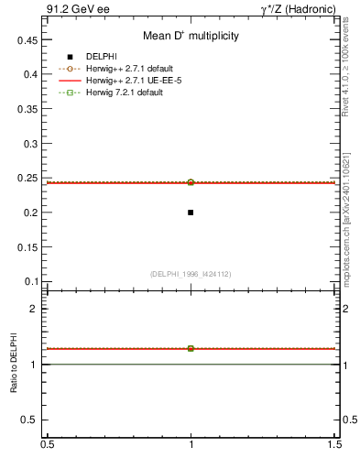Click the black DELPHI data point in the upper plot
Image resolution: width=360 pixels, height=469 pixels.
pos(191,213)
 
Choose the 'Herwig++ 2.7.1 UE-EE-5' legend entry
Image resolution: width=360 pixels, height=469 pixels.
pos(130,81)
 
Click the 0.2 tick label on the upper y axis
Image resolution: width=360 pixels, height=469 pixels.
pos(30,213)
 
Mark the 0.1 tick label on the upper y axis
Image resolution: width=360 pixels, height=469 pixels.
pos(30,281)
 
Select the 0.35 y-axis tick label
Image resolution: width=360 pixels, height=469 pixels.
pos(27,109)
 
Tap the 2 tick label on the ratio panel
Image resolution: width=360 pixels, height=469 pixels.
pos(34,309)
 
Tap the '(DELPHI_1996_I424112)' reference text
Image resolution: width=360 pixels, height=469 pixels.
pos(191,274)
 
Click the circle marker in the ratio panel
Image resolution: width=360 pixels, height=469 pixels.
pos(191,348)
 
